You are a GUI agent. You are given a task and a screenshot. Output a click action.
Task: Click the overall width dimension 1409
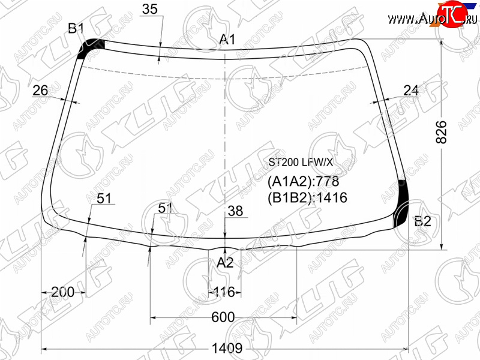point(227,348)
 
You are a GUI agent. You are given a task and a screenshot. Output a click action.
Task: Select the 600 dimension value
point(223,317)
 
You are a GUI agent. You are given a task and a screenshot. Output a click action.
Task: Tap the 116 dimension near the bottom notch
point(224,292)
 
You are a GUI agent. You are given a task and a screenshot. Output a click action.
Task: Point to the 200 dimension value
point(63,292)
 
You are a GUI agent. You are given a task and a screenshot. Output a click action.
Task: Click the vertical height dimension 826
point(441,132)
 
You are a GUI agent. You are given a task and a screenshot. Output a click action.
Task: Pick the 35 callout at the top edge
point(149,9)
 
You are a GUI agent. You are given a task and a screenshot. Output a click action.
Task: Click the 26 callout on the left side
point(40,91)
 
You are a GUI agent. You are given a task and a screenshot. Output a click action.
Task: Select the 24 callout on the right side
point(411,91)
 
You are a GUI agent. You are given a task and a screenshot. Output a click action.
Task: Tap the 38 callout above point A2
point(235,211)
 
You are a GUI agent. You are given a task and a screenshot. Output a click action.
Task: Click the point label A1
point(227,40)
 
